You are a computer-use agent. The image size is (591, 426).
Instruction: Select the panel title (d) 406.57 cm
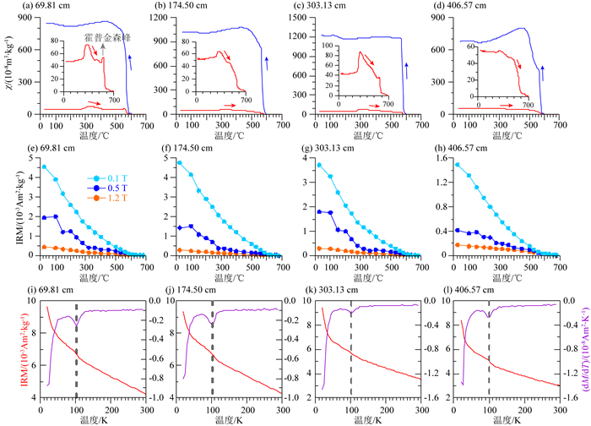click(x=469, y=7)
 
